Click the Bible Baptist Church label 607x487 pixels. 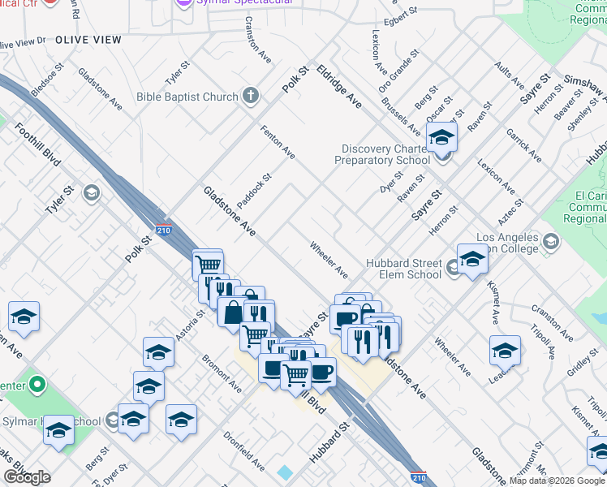point(187,97)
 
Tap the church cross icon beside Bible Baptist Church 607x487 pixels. point(251,97)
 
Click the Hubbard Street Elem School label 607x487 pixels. point(403,269)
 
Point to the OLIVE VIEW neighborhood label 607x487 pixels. point(88,40)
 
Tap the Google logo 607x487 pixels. point(27,477)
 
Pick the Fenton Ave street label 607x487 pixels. point(278,140)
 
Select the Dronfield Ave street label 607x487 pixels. point(245,451)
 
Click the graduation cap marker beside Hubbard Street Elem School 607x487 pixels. point(472,260)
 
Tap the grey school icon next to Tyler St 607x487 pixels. point(91,192)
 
